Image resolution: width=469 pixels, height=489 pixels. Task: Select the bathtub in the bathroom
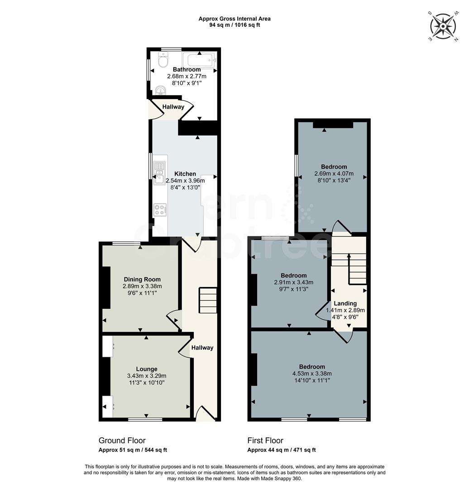tap(200, 60)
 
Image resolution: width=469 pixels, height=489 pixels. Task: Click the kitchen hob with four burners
tap(160, 209)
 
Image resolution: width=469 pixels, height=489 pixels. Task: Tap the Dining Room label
tap(141, 279)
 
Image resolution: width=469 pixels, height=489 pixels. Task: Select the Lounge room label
tap(147, 369)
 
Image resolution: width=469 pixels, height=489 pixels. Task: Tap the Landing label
tap(345, 303)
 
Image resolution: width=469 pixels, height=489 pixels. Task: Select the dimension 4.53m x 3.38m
tap(312, 374)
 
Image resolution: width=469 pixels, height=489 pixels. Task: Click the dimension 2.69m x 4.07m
tap(334, 173)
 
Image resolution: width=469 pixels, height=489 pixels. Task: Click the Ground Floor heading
tap(122, 441)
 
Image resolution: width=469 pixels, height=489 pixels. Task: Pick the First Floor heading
tap(265, 441)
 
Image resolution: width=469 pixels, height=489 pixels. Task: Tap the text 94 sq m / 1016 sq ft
tap(234, 25)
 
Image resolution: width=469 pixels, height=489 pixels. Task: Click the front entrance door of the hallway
tap(205, 413)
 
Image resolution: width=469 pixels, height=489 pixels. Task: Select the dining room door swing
tap(173, 320)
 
